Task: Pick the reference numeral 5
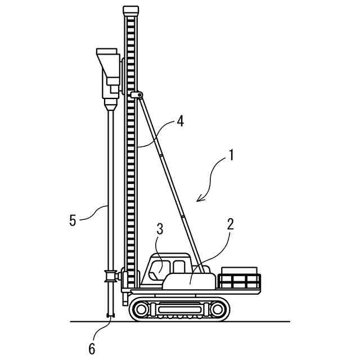point(73,219)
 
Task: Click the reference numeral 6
point(92,349)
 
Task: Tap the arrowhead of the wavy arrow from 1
point(199,199)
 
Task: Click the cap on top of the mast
point(130,10)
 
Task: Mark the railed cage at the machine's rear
point(240,280)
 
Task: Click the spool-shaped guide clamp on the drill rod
point(110,276)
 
